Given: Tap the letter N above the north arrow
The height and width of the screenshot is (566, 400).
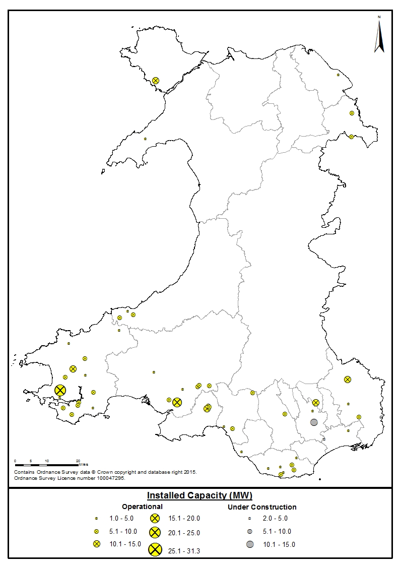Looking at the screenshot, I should point(379,17).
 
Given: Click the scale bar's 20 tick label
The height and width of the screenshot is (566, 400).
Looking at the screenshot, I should point(78,461).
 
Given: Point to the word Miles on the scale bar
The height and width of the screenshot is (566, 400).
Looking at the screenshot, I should point(84,464).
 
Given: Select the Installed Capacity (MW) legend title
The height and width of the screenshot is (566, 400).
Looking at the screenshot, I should point(199,495).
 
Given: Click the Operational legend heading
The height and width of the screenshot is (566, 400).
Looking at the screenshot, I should point(142,507).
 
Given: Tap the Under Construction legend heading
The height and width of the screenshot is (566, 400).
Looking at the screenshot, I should point(262,507).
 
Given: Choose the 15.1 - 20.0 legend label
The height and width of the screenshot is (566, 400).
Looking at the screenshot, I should point(184,518).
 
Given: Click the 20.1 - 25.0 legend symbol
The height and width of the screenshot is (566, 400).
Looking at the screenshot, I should point(155,532).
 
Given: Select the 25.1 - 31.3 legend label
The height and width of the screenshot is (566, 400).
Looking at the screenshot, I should point(184,551).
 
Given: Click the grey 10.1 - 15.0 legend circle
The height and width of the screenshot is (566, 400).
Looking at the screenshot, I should point(250,544).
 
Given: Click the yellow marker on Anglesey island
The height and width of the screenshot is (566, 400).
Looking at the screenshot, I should point(156,80).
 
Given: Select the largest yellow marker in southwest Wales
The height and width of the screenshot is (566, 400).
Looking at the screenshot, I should point(60,390).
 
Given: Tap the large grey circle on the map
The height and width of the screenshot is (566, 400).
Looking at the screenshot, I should point(314,422).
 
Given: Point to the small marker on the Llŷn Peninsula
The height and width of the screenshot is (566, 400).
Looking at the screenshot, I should point(145,139).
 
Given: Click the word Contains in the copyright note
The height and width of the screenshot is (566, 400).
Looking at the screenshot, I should point(24,472).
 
